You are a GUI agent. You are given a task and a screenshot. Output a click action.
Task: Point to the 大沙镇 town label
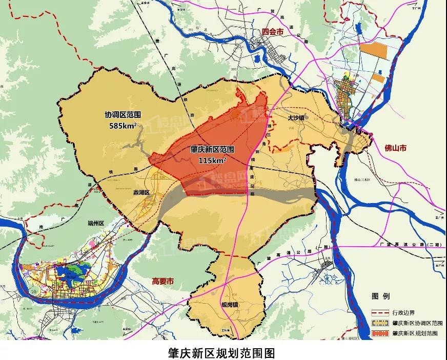tap(296, 117)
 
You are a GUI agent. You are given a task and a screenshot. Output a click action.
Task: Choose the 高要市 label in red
tap(163, 281)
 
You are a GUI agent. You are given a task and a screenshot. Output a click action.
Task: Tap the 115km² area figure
tap(212, 160)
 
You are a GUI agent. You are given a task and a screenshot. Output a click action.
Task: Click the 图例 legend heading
tap(381, 296)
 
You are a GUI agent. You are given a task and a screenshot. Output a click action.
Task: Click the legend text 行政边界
tap(405, 312)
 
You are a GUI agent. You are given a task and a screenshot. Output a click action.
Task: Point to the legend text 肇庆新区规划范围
tap(415, 333)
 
